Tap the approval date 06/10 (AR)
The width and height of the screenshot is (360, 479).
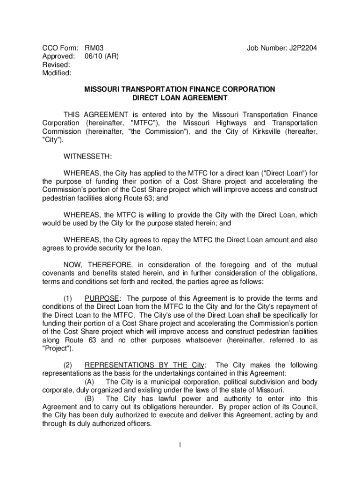pos(101,56)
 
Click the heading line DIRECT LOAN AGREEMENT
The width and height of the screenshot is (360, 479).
pos(180,98)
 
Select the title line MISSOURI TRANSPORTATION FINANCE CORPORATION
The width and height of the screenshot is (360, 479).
pos(180,89)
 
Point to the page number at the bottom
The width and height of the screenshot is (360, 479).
pos(180,445)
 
